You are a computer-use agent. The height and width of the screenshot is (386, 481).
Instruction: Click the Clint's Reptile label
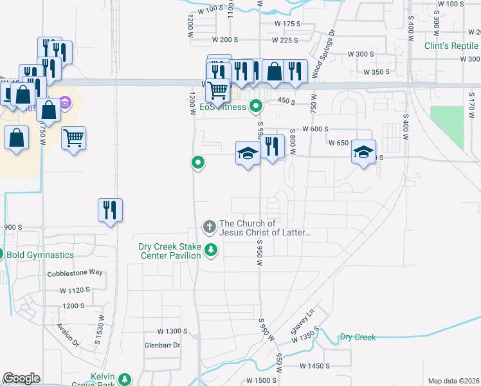coord(452,46)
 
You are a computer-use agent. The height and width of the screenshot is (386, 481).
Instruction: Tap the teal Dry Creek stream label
coord(357,337)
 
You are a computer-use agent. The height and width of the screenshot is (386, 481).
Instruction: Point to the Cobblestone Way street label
coord(75,273)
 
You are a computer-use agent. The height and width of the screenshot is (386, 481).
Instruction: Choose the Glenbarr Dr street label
coord(163,345)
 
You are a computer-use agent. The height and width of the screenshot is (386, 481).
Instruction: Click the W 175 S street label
coord(287,24)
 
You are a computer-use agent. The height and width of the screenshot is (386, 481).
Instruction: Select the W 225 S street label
coord(285,40)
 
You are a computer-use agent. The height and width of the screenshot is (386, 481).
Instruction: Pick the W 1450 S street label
coord(314,365)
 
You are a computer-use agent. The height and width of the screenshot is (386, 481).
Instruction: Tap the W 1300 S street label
coord(172,331)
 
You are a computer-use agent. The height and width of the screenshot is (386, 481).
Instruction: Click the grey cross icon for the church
coord(209,226)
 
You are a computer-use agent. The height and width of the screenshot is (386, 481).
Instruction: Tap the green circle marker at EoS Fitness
coord(256,106)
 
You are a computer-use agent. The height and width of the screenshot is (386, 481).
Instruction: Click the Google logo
coord(21,378)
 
